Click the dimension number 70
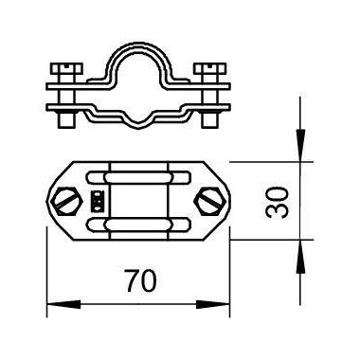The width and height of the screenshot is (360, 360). pos(141,280)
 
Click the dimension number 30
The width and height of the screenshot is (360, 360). pos(278,202)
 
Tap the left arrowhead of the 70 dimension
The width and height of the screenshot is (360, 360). pos(63,305)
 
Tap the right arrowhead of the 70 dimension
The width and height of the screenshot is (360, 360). pos(213,305)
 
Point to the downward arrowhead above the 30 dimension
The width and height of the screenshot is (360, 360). pos(300,146)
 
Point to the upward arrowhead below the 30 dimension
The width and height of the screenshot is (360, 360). pos(300,257)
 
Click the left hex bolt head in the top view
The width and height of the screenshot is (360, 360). pos(66,202)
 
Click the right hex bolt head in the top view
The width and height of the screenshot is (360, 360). pos(210,202)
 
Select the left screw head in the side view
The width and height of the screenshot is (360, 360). pos(66,69)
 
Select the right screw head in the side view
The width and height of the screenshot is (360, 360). pos(210,69)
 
